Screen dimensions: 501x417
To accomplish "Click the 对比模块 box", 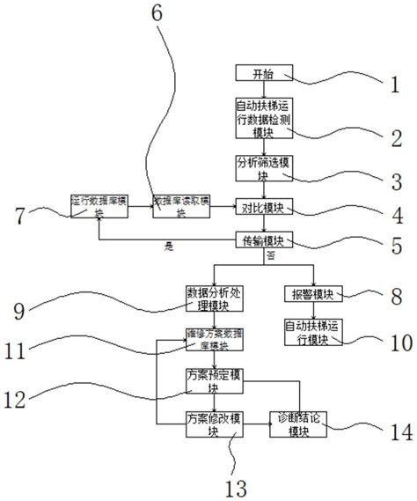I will pos(262,209).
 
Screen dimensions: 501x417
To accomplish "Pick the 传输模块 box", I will pos(262,239).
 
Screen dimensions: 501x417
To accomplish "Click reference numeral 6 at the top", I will pos(157,14).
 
